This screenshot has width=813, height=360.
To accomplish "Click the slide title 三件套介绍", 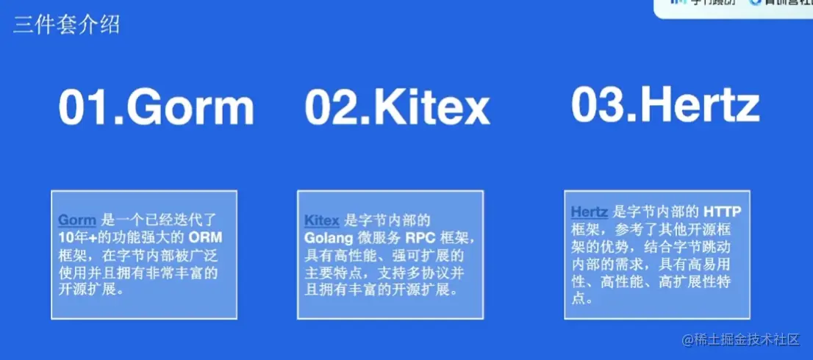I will [66, 25].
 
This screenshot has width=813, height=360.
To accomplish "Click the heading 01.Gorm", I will [157, 107].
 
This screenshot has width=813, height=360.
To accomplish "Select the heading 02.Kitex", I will [397, 108].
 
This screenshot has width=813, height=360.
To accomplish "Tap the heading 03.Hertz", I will [665, 105].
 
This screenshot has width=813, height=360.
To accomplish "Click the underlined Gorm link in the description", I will [76, 220].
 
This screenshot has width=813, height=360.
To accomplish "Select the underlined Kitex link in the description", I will [322, 220].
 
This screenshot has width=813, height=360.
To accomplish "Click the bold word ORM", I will [205, 237].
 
